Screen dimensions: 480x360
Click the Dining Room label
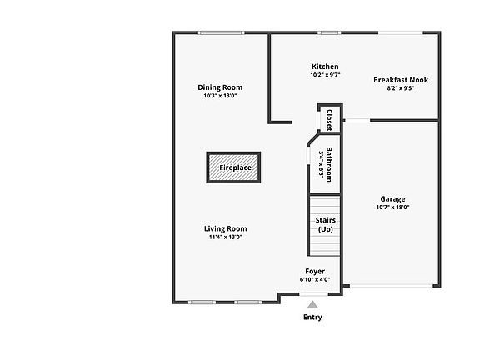pos(220,87)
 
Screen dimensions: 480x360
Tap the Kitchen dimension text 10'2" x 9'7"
pos(325,75)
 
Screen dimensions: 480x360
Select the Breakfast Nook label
pos(401,80)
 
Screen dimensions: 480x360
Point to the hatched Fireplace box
pos(233,167)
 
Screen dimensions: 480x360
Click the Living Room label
pos(226,228)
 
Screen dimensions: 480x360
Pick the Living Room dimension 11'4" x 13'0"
pos(226,237)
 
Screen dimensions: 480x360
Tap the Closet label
pos(330,120)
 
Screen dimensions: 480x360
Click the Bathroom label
pos(329,164)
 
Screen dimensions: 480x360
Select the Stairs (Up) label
pos(325,225)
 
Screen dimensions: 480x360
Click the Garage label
pos(392,199)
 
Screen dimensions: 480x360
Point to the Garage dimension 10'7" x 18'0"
pos(392,207)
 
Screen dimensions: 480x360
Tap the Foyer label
pos(315,271)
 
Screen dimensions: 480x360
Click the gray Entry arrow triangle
pos(312,305)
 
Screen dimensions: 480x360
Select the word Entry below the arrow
pos(312,317)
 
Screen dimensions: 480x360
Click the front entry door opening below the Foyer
pos(314,294)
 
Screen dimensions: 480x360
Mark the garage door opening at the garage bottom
pos(391,286)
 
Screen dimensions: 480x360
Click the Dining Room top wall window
pos(221,32)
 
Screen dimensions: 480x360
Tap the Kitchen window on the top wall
pos(329,32)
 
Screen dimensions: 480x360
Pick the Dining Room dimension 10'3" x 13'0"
pos(220,96)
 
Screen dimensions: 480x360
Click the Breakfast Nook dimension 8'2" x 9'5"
pos(401,88)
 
